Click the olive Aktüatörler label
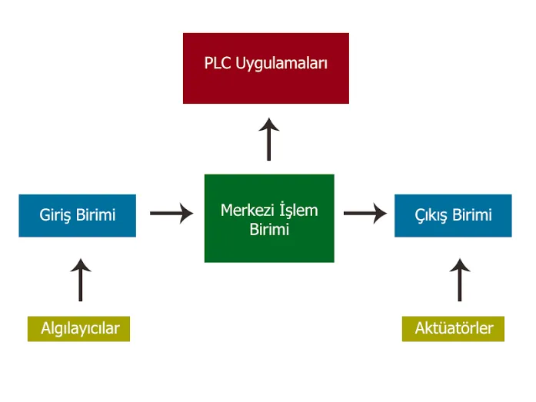454,328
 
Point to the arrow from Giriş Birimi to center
171,214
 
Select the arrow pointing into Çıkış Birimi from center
365,214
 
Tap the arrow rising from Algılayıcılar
80,280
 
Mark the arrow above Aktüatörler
459,280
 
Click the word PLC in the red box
218,63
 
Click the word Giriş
56,215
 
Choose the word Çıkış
429,215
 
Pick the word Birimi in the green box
269,229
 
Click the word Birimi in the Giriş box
96,215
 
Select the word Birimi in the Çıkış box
471,215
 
